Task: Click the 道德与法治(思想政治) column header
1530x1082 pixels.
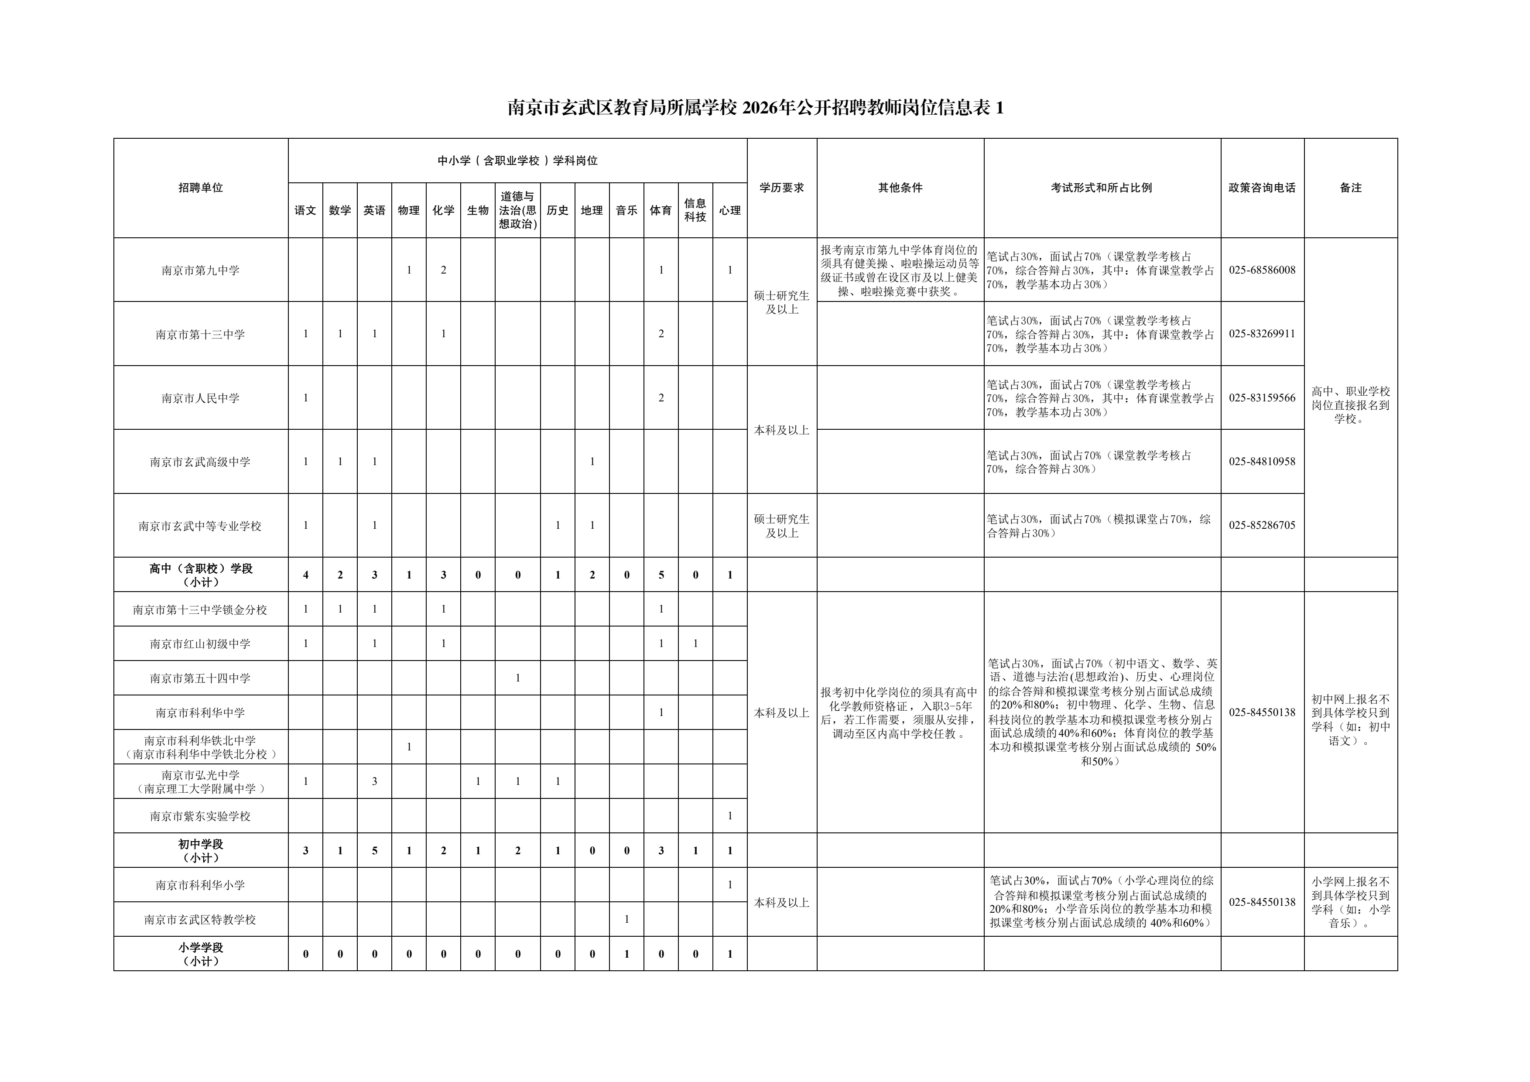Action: point(518,210)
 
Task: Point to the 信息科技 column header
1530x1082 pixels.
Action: point(695,210)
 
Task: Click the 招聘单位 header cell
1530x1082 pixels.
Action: point(201,188)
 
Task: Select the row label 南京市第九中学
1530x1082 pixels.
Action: point(201,270)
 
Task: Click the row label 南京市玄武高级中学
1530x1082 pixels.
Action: point(201,462)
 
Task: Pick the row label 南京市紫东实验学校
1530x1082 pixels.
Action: point(201,816)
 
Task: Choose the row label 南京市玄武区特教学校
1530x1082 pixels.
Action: point(201,919)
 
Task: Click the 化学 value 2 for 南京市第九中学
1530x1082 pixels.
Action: point(443,270)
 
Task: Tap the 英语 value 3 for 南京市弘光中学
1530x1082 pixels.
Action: point(374,781)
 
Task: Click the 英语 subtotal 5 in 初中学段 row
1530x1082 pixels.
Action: point(374,851)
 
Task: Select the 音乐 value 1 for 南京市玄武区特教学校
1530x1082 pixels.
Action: point(626,919)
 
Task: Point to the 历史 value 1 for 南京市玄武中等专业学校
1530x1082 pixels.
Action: point(558,525)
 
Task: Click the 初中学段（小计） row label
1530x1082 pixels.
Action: point(201,851)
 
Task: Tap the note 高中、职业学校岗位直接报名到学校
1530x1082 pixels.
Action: point(1351,405)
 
